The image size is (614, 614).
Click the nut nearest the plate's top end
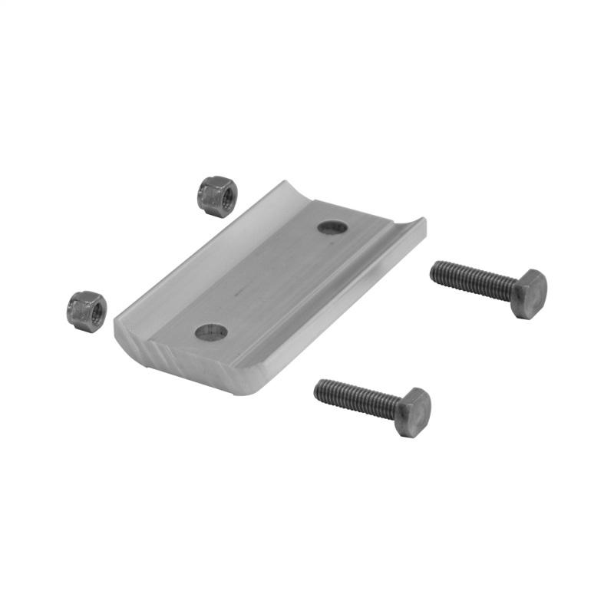[x=218, y=196]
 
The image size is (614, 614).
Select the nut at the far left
[x=86, y=311]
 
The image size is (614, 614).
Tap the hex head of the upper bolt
[x=529, y=292]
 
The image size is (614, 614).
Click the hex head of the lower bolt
[x=414, y=412]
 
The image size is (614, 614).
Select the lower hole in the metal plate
[x=211, y=332]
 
